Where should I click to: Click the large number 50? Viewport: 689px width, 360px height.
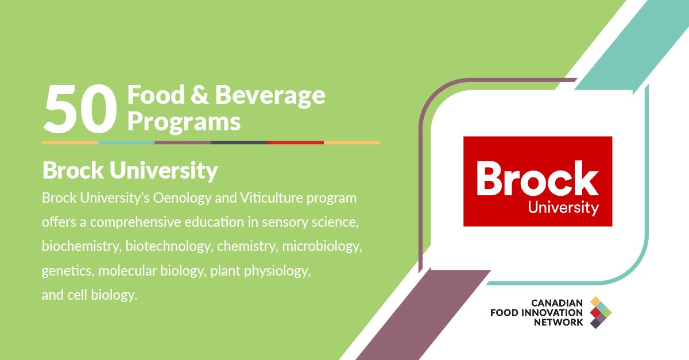point(80,109)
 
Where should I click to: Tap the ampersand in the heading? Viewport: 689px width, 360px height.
point(199,95)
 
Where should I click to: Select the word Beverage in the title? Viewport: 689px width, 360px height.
point(270,96)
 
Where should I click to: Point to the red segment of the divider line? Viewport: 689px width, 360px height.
point(295,143)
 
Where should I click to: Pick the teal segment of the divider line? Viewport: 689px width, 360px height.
point(126,143)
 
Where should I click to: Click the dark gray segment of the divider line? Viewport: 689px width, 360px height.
point(239,143)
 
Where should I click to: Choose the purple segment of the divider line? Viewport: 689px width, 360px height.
point(183,143)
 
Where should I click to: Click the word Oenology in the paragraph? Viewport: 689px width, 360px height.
point(182,199)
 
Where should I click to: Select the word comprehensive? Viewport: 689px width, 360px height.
point(136,223)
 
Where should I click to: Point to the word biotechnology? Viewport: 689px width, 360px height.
point(169,247)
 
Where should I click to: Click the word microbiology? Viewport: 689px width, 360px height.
point(322,247)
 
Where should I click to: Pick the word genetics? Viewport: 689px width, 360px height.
point(68,272)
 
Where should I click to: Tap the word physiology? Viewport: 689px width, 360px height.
point(277,272)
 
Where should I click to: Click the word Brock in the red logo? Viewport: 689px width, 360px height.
point(537,178)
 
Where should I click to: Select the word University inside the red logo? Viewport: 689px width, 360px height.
point(563,208)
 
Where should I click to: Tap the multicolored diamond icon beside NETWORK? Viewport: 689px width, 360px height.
point(601,312)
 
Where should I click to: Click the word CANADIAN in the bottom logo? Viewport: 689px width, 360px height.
point(557,303)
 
